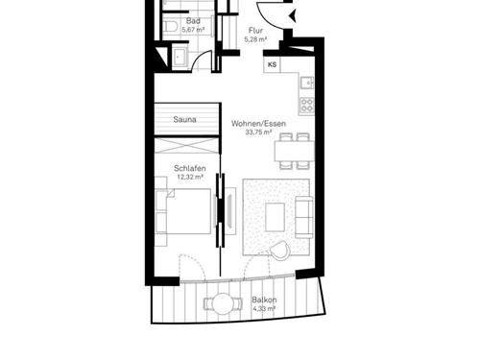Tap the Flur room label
pos(254,31)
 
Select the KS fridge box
pos(273,65)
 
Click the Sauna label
pos(185,120)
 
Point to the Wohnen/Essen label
pos(257,124)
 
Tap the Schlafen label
pos(189,168)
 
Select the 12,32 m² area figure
pos(188,178)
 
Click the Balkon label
pos(264,300)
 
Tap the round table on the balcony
pos(221,305)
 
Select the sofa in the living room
pos(303,215)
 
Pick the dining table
pos(293,151)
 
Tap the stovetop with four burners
pos(306,104)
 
